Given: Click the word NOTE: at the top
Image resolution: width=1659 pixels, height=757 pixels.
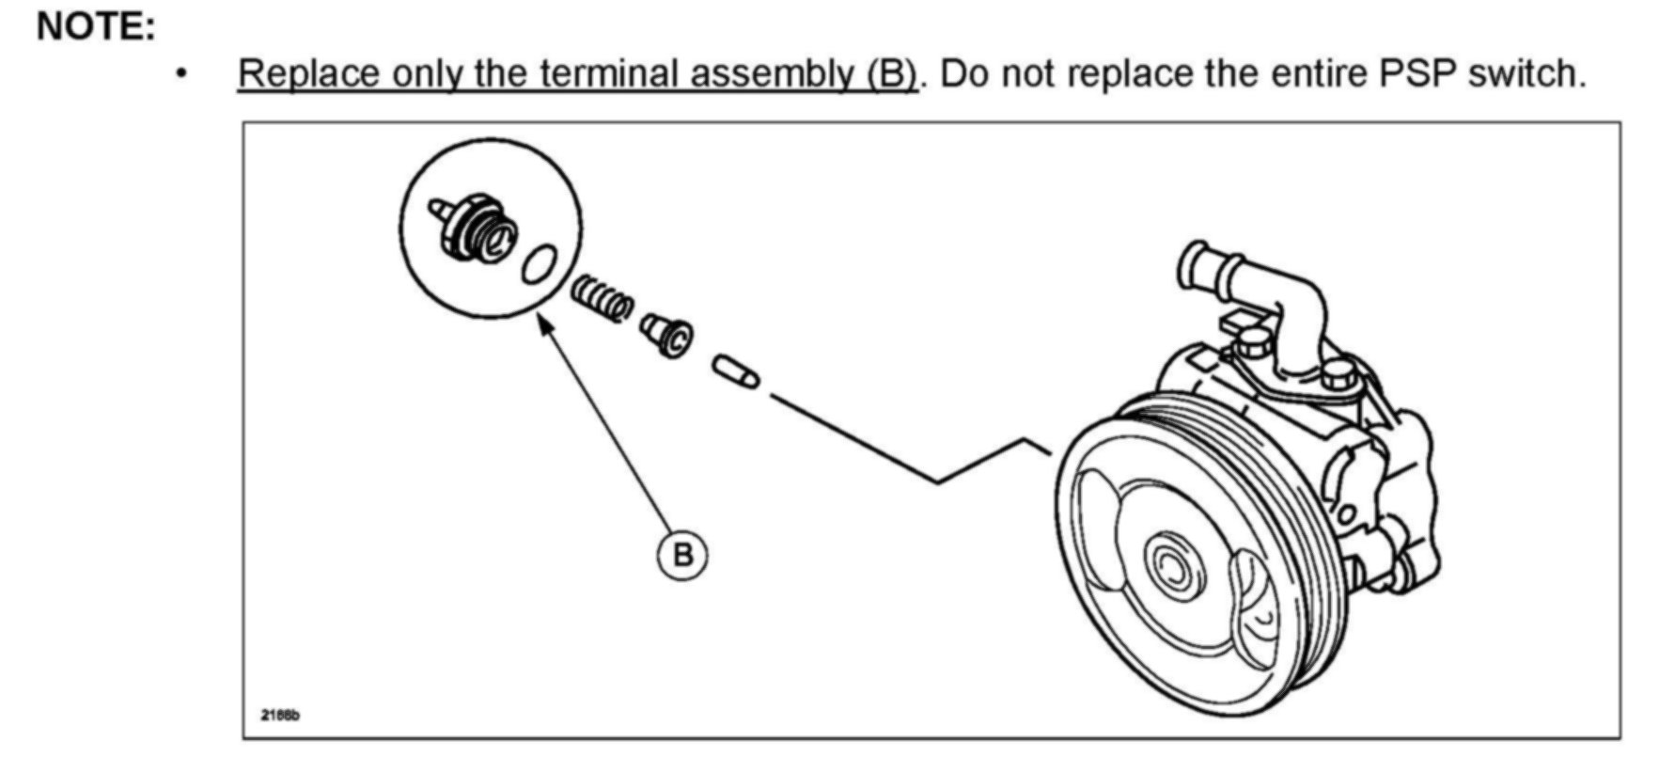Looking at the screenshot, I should click(x=95, y=26).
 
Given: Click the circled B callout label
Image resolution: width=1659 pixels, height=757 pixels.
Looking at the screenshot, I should click(x=681, y=555).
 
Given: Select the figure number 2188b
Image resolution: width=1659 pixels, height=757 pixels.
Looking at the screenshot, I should click(x=280, y=716).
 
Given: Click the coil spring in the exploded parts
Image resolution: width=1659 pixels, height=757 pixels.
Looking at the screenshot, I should click(x=602, y=297).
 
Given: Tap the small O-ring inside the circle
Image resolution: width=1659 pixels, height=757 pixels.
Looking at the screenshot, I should click(x=539, y=263).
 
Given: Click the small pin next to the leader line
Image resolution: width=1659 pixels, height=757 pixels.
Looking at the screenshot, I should click(x=736, y=371).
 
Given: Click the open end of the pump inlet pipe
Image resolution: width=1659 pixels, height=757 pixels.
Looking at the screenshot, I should click(x=1195, y=262).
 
